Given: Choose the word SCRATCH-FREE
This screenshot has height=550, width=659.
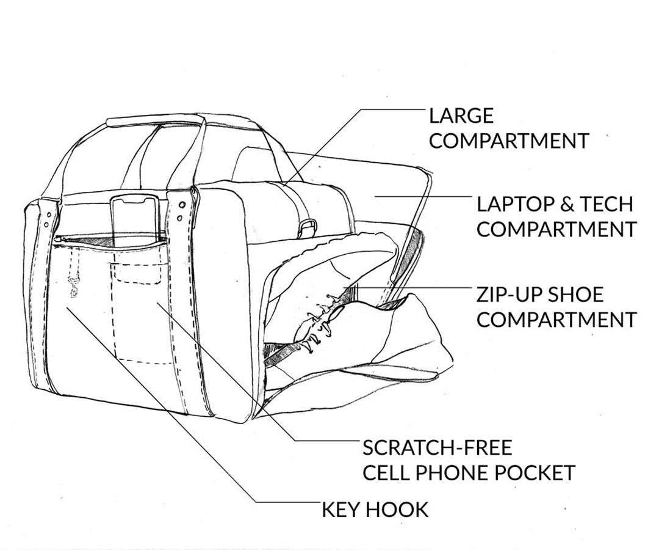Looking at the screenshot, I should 437,447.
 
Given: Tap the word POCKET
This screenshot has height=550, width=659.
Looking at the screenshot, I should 537,472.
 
